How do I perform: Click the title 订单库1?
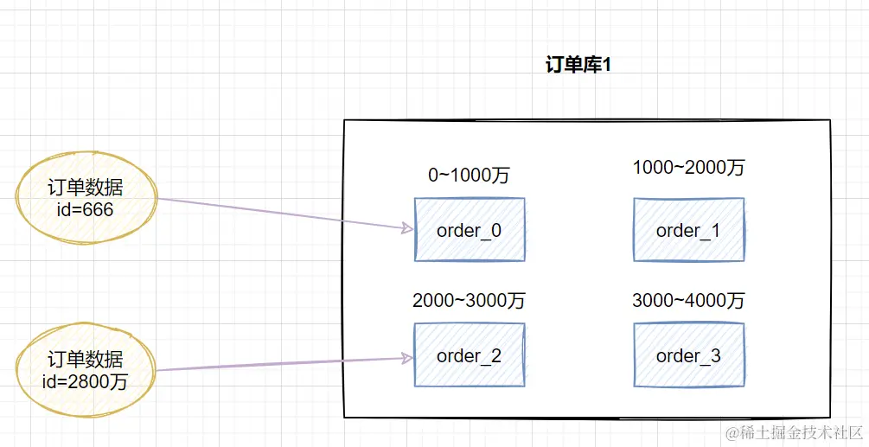coord(578,66)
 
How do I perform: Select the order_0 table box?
coord(470,229)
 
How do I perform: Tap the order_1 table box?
coord(688,229)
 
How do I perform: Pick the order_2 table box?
coord(470,355)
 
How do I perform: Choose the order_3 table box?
coord(688,355)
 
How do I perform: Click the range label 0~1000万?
coord(469,175)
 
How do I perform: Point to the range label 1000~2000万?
coord(688,168)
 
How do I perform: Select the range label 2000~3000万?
coord(469,301)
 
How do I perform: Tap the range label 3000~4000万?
coord(688,301)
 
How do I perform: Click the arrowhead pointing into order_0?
coord(406,228)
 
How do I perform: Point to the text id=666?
coord(85,208)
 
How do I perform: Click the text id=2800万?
coord(85,380)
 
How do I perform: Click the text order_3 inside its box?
coord(688,356)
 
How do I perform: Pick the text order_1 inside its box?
coord(688,230)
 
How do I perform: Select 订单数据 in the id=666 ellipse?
coord(85,188)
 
